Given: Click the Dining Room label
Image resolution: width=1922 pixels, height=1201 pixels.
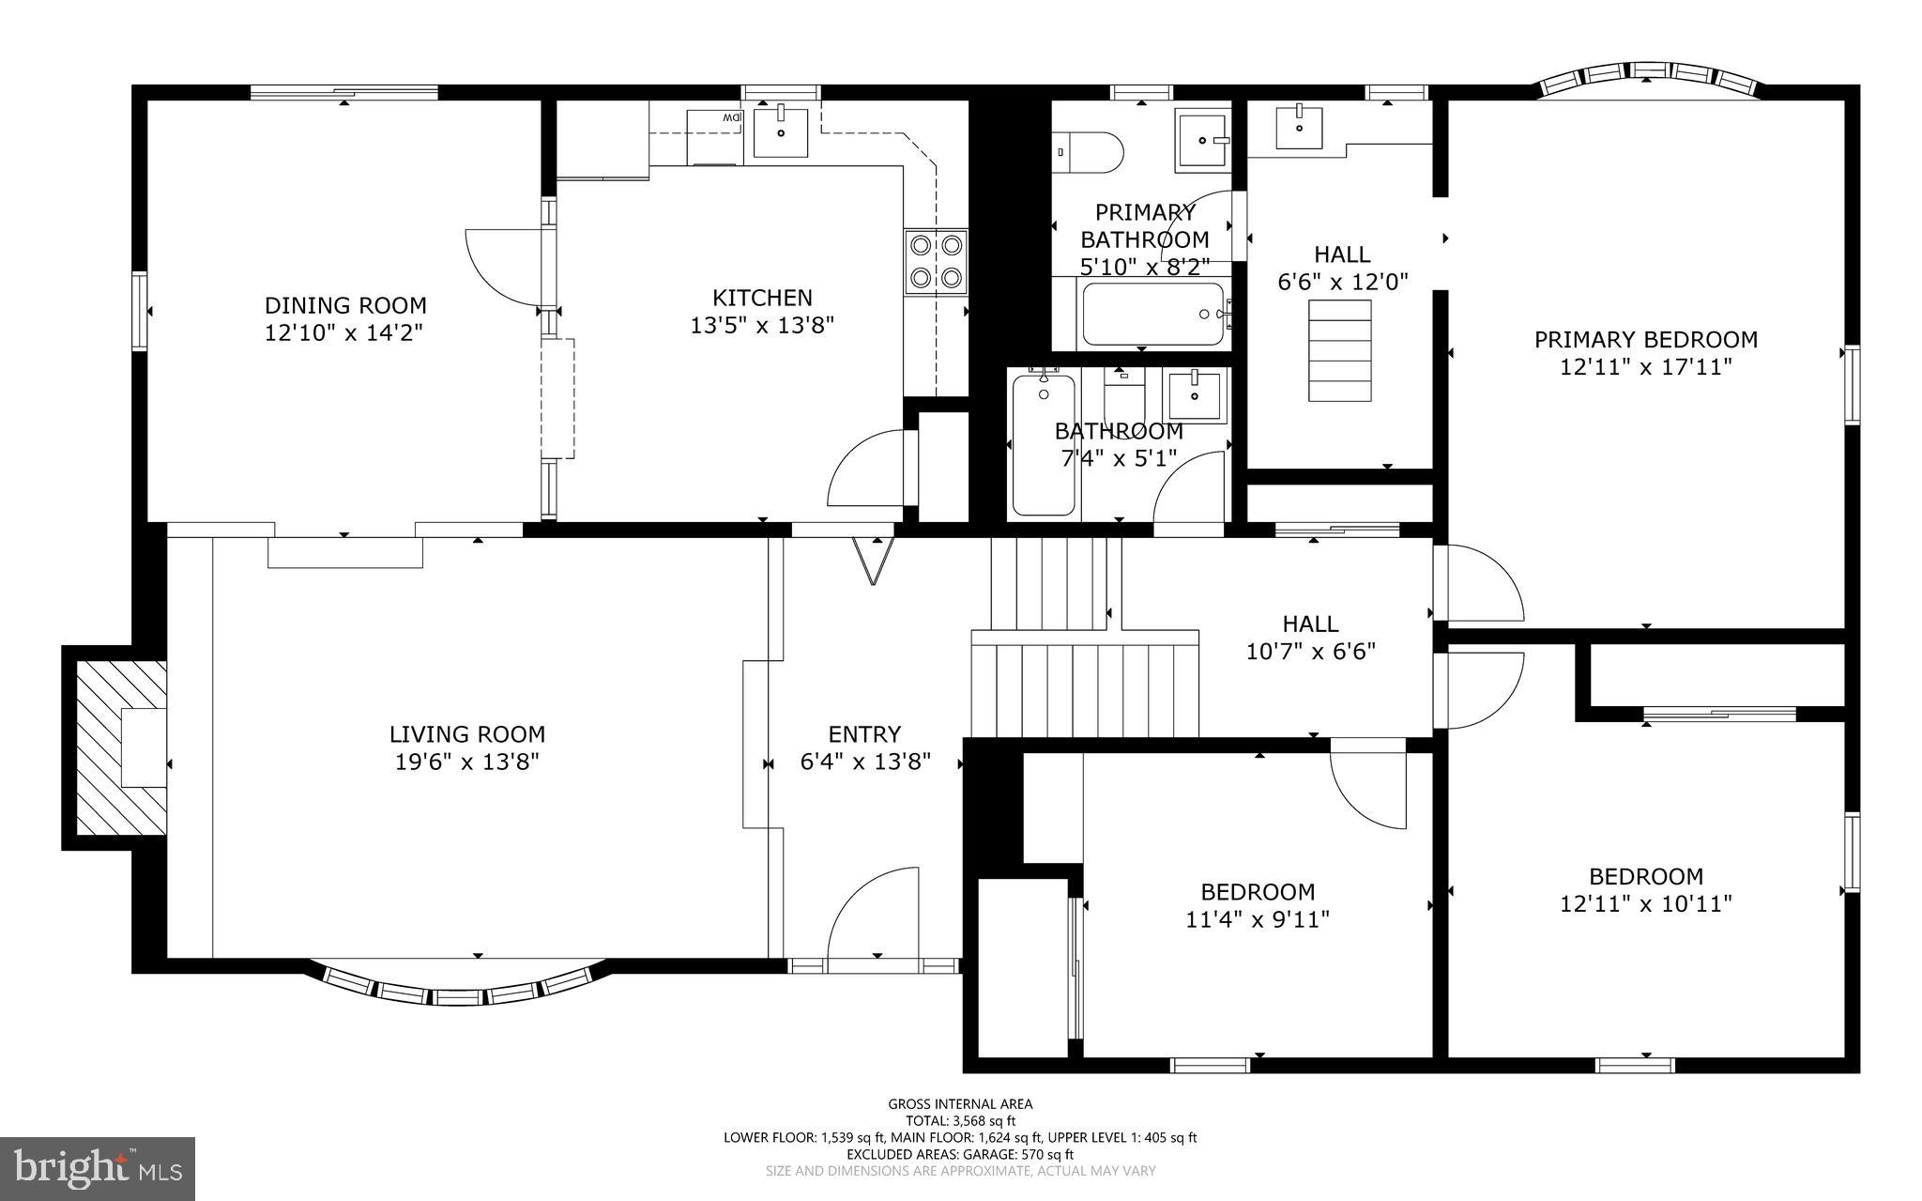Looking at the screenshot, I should [345, 305].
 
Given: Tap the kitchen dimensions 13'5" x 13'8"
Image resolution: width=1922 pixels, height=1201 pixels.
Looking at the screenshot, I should [762, 326].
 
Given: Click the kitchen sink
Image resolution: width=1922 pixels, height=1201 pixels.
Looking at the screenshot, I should [781, 132].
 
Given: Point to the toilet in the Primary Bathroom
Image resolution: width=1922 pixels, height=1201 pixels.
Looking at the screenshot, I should [1090, 152].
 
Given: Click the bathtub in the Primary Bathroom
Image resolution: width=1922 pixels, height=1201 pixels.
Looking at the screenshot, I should [1153, 314].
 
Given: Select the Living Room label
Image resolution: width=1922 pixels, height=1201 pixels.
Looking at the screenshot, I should [467, 734].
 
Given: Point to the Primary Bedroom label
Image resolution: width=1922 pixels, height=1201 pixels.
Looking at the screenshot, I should [1645, 339].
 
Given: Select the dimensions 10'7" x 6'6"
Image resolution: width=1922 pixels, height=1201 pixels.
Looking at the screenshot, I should [1310, 651].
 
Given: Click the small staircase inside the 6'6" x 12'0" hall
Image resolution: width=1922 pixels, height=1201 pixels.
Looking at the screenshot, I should [1340, 350].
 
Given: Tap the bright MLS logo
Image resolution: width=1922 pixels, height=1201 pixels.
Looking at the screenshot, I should [98, 1167].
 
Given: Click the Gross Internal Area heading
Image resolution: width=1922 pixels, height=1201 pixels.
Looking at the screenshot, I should [960, 1104].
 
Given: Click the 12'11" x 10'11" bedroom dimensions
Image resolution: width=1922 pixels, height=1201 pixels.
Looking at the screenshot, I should [1645, 903].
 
